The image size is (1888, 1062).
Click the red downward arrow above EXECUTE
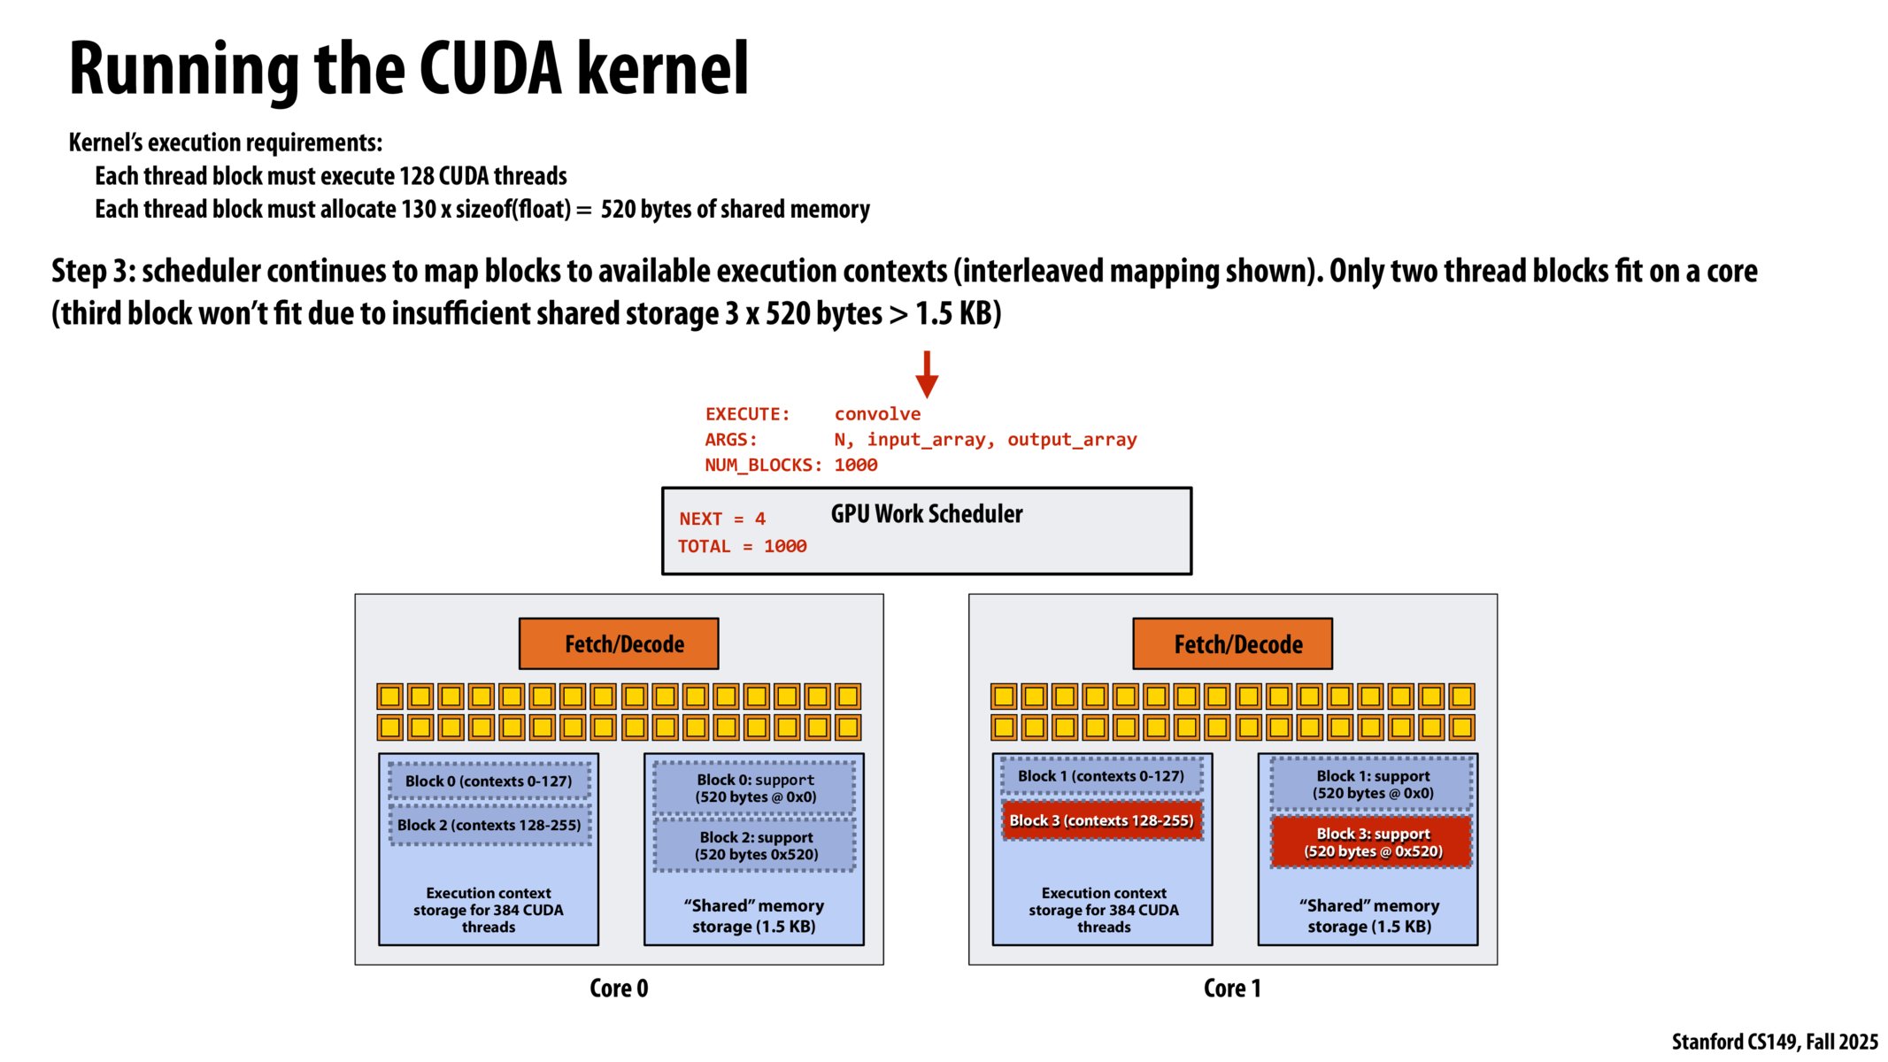pos(927,374)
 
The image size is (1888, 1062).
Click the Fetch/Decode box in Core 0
pos(619,643)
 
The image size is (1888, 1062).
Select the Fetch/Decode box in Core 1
pos(1232,643)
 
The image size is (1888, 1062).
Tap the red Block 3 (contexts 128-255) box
pos(1102,820)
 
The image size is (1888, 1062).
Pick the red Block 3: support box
pos(1372,843)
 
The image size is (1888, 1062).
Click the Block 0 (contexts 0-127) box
pos(489,781)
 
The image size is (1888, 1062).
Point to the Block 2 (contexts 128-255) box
pos(489,825)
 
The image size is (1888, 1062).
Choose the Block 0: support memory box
pos(755,788)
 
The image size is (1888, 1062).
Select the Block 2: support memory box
pos(755,845)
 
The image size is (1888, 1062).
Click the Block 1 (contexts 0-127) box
pos(1100,776)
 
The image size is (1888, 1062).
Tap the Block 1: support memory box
pos(1372,784)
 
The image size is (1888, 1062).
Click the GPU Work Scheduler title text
pos(926,514)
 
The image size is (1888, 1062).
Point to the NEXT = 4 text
pos(722,519)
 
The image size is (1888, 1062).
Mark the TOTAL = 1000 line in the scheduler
pos(742,547)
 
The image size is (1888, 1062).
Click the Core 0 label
pos(619,988)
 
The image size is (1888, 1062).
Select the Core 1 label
pos(1232,988)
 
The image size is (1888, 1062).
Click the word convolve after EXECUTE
pos(877,414)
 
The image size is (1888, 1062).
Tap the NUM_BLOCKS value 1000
pos(856,466)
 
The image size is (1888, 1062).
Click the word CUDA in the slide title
pos(490,69)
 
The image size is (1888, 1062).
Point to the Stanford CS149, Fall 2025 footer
pos(1774,1042)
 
